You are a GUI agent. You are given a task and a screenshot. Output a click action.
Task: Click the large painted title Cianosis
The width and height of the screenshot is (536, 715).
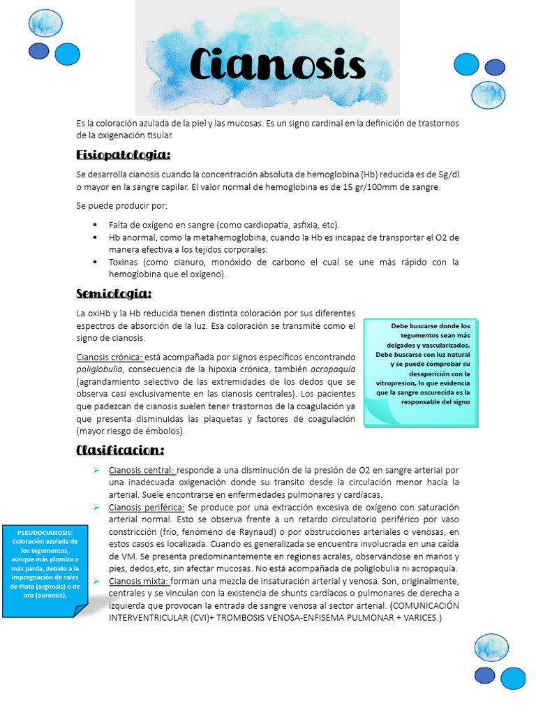(x=278, y=66)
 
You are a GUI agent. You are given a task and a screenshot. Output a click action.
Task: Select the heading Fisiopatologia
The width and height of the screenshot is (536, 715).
(x=123, y=154)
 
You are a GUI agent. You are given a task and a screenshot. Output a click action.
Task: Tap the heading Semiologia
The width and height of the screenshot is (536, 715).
(x=114, y=293)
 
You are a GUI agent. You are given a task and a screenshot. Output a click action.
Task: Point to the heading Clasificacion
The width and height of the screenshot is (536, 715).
(x=120, y=450)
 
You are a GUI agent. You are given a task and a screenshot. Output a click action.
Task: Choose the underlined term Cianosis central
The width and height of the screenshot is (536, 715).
(x=142, y=470)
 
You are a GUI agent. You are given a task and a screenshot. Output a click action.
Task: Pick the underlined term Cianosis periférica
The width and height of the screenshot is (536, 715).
(x=147, y=507)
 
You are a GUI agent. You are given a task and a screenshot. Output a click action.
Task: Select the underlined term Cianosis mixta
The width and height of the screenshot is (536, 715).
(x=139, y=581)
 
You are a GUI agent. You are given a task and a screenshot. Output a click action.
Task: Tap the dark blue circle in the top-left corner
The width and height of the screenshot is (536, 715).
(x=38, y=51)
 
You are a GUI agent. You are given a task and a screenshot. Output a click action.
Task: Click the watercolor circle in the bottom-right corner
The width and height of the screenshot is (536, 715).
(x=491, y=648)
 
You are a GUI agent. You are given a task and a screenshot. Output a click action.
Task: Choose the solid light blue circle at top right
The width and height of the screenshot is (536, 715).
(x=466, y=64)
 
